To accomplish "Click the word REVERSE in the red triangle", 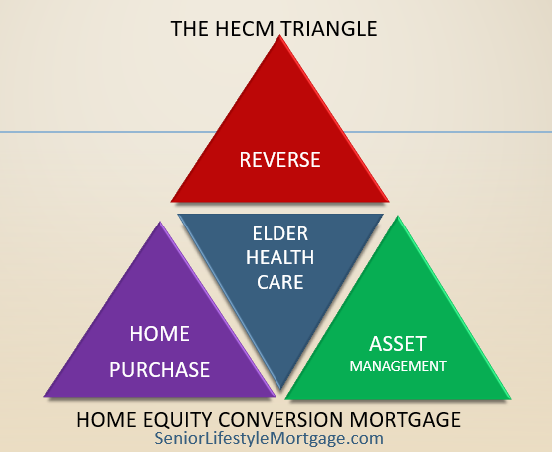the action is pyautogui.click(x=279, y=159).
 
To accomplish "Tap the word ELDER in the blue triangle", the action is pyautogui.click(x=280, y=233).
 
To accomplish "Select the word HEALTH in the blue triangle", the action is pyautogui.click(x=279, y=257).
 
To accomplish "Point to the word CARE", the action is pyautogui.click(x=280, y=282).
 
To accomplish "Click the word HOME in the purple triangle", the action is pyautogui.click(x=159, y=333).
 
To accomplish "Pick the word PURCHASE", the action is pyautogui.click(x=159, y=369).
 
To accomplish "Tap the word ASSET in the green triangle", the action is pyautogui.click(x=398, y=344).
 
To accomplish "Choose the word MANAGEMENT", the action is pyautogui.click(x=398, y=366).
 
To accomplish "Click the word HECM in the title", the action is pyautogui.click(x=245, y=29).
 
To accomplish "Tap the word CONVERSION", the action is pyautogui.click(x=280, y=420).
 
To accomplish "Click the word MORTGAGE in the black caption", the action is pyautogui.click(x=405, y=420).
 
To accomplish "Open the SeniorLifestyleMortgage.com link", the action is pyautogui.click(x=269, y=439).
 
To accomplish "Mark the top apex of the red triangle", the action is pyautogui.click(x=279, y=35).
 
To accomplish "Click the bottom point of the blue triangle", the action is pyautogui.click(x=280, y=388).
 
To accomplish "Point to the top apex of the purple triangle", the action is pyautogui.click(x=160, y=222).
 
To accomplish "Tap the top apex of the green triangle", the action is pyautogui.click(x=398, y=217).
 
